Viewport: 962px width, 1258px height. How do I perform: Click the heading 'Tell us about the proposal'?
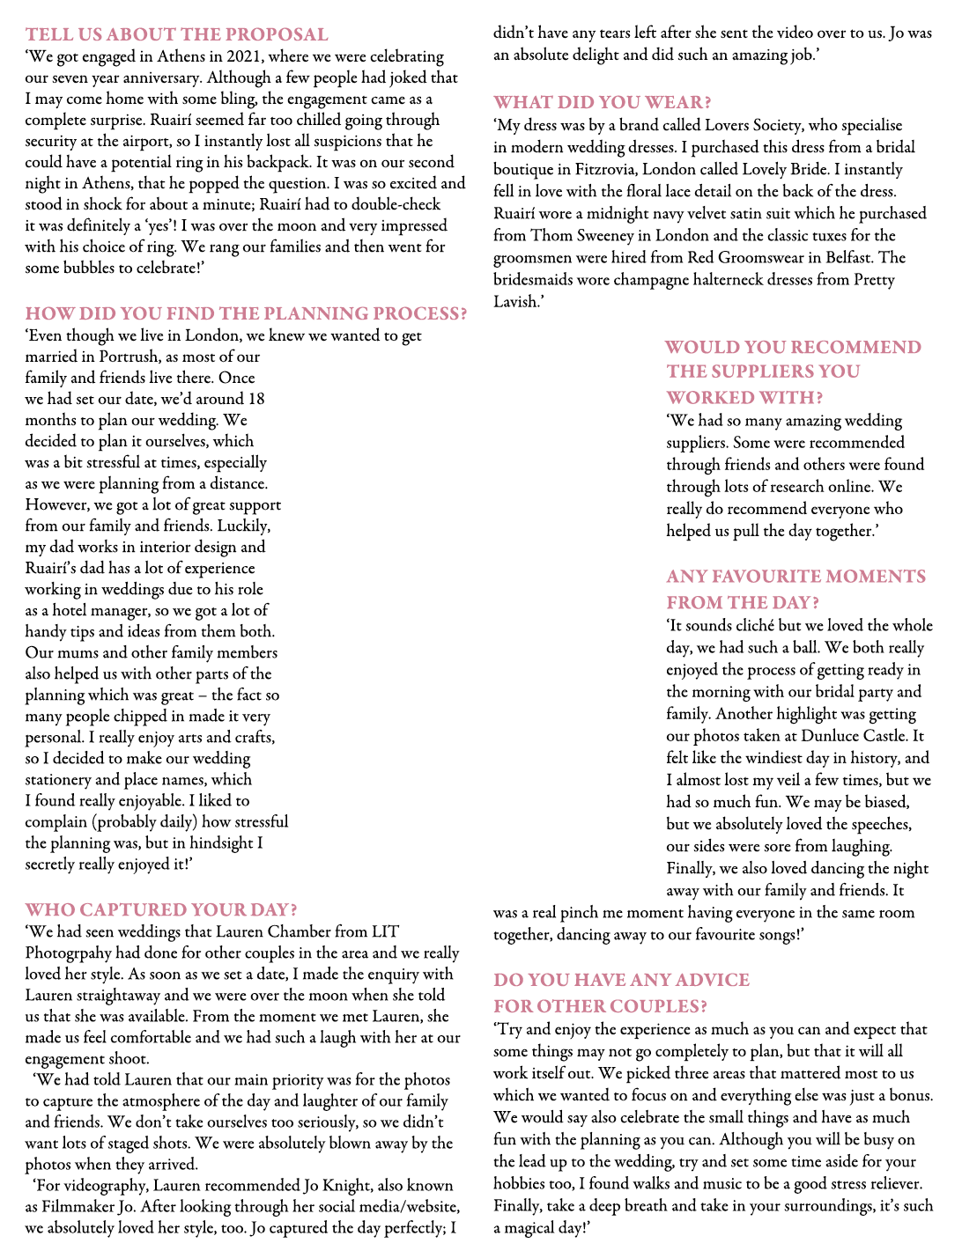[x=176, y=34]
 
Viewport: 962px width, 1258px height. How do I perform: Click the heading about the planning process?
[x=246, y=313]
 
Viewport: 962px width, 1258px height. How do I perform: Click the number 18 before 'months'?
[x=255, y=399]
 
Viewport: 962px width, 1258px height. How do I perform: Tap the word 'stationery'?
[x=58, y=779]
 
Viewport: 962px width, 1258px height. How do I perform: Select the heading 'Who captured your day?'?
[x=161, y=909]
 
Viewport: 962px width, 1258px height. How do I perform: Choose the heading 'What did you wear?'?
[x=603, y=102]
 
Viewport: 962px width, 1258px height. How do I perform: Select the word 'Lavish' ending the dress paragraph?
[x=516, y=301]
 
